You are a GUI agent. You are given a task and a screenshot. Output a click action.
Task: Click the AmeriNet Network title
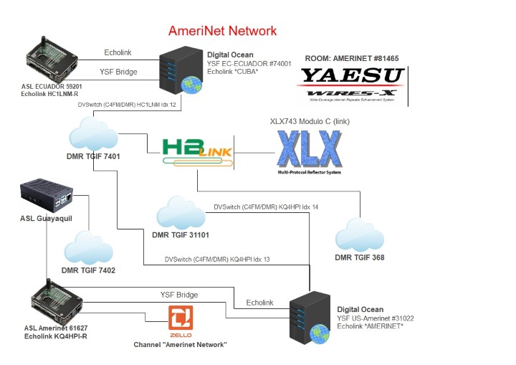(222, 32)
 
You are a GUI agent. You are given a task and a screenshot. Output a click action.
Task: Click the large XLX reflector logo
(308, 151)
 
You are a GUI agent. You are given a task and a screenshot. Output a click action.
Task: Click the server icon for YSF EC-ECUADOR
(176, 70)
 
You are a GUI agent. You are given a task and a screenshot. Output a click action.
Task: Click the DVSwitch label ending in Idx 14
(266, 207)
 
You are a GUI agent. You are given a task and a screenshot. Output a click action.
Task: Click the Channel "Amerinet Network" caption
(181, 345)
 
